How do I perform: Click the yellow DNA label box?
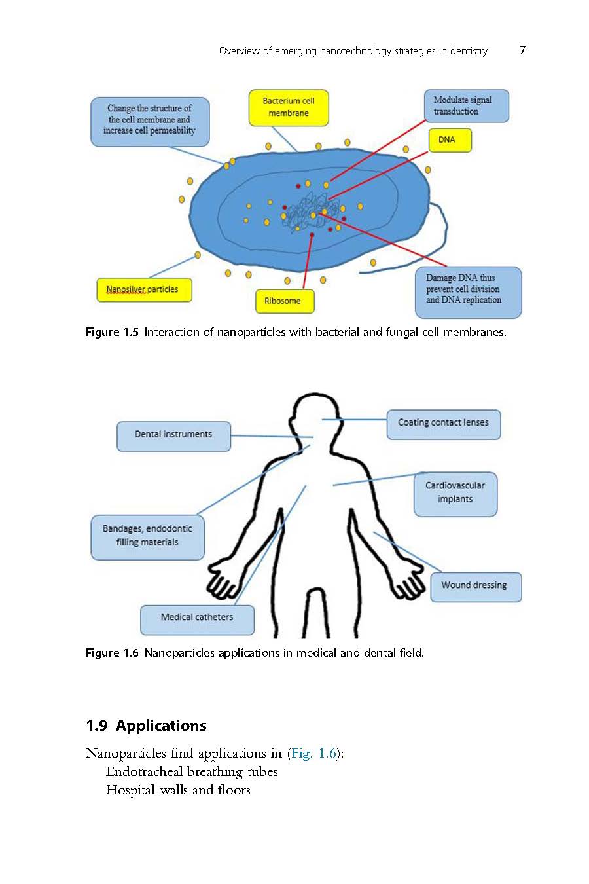pyautogui.click(x=450, y=140)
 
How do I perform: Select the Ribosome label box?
pyautogui.click(x=285, y=301)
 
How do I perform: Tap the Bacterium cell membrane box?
pyautogui.click(x=289, y=107)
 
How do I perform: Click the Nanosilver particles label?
pyautogui.click(x=144, y=289)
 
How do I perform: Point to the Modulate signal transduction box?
pyautogui.click(x=466, y=106)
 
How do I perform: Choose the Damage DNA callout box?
pyautogui.click(x=468, y=292)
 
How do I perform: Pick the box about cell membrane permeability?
pyautogui.click(x=150, y=121)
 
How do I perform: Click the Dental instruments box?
pyautogui.click(x=173, y=436)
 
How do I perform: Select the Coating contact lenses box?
pyautogui.click(x=444, y=424)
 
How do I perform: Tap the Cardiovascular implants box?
pyautogui.click(x=455, y=494)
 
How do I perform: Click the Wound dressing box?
pyautogui.click(x=476, y=587)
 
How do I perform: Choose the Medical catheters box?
pyautogui.click(x=197, y=619)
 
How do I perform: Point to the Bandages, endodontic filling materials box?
pyautogui.click(x=147, y=537)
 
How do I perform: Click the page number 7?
pyautogui.click(x=522, y=50)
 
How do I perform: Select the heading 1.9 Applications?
pyautogui.click(x=146, y=726)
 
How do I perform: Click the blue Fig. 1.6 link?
pyautogui.click(x=313, y=753)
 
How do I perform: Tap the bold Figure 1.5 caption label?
pyautogui.click(x=112, y=332)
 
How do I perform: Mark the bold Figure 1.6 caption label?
pyautogui.click(x=112, y=653)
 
